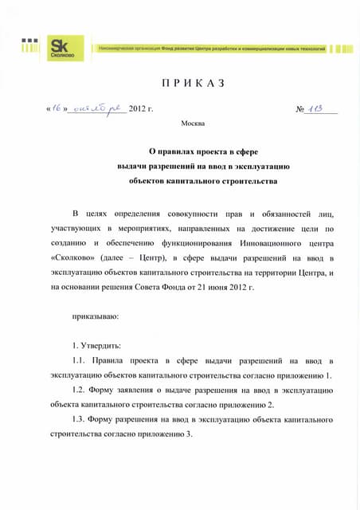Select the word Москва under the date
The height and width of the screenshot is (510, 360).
point(193,124)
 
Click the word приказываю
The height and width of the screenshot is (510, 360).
point(96,316)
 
